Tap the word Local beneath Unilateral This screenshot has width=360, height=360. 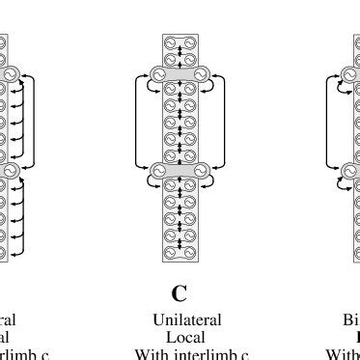point(180,337)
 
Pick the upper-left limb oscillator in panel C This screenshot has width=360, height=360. point(157,74)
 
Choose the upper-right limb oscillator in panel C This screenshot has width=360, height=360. point(203,74)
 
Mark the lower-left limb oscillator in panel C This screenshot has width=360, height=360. point(157,171)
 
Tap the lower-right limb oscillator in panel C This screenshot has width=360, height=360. point(203,171)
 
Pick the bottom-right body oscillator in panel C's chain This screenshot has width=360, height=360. point(189,254)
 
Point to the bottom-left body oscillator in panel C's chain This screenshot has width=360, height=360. point(171,254)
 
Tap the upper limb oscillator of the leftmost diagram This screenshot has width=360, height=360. point(12,74)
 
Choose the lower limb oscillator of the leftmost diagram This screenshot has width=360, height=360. point(12,171)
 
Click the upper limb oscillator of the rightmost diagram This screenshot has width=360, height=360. point(348,74)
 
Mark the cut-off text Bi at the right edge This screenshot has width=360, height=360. point(350,319)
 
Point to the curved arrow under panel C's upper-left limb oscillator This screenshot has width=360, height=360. point(150,88)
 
